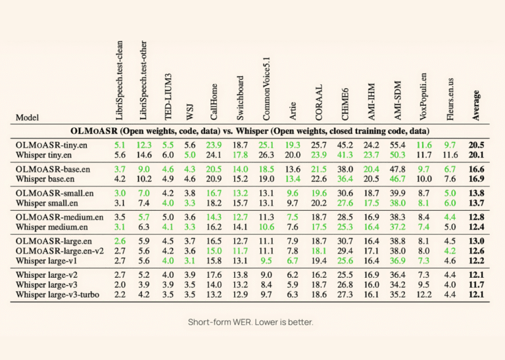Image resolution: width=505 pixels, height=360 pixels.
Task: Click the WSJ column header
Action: pos(191,112)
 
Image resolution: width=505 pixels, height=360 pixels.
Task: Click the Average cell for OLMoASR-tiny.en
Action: pos(477,145)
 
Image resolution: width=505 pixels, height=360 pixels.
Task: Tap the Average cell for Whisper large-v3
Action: pos(477,285)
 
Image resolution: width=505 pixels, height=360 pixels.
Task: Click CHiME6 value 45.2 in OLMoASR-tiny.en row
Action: pos(345,145)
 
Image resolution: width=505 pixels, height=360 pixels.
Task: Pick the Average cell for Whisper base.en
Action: pos(477,179)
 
